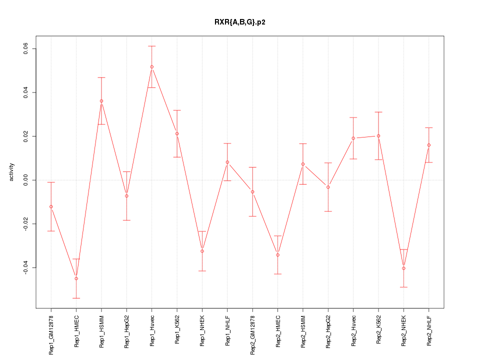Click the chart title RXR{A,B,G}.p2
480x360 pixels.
click(x=239, y=22)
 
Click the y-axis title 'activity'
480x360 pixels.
click(x=12, y=172)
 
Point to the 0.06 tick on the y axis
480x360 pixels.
click(x=26, y=49)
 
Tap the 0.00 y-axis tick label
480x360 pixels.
click(x=26, y=180)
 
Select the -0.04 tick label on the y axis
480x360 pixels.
click(x=26, y=267)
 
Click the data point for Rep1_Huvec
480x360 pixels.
click(x=151, y=66)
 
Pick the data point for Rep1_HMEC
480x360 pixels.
click(x=76, y=278)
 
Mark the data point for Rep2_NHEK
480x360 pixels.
click(x=403, y=268)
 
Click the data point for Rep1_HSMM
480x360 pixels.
click(x=101, y=101)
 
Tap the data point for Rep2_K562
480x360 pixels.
click(x=378, y=136)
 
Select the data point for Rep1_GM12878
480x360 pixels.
click(x=51, y=206)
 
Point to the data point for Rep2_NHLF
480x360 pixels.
click(x=429, y=145)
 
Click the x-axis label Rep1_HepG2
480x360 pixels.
click(x=127, y=330)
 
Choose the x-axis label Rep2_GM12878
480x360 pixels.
click(x=253, y=333)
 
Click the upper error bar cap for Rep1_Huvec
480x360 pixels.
click(x=151, y=46)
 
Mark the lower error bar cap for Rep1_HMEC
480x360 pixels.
click(x=76, y=298)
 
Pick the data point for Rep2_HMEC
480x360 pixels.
click(x=278, y=255)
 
